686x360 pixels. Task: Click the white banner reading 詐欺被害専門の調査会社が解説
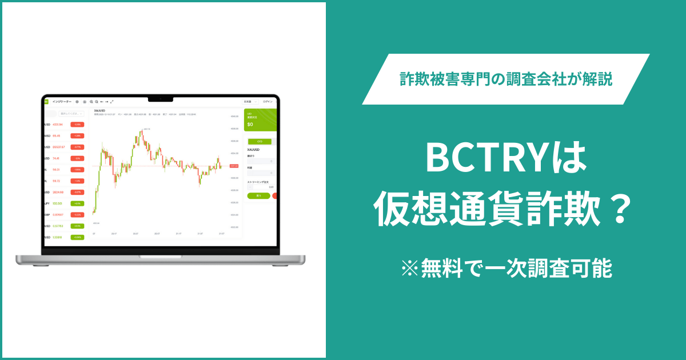pos(505,79)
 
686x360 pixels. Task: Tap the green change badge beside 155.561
pos(77,203)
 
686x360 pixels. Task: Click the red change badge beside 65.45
pos(77,135)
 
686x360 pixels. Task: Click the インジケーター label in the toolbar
pos(62,101)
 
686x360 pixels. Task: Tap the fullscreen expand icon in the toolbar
pos(112,101)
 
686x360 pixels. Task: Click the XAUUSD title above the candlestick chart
pos(100,110)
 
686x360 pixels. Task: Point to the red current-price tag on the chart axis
pos(234,166)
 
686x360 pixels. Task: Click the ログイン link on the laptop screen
pos(268,101)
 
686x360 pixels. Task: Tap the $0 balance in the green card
pos(250,123)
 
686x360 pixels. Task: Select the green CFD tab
pos(259,141)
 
